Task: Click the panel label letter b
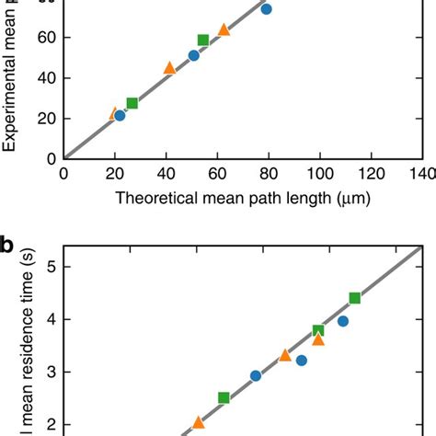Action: click(x=8, y=246)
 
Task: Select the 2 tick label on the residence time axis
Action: click(x=45, y=424)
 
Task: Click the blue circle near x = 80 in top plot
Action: click(x=266, y=8)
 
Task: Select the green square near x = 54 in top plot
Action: click(x=203, y=40)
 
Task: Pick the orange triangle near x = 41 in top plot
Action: click(x=169, y=68)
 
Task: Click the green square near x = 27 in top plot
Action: click(x=132, y=103)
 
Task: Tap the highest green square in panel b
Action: click(x=354, y=298)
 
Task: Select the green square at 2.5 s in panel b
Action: click(x=224, y=397)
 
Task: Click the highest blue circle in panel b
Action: click(x=343, y=321)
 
